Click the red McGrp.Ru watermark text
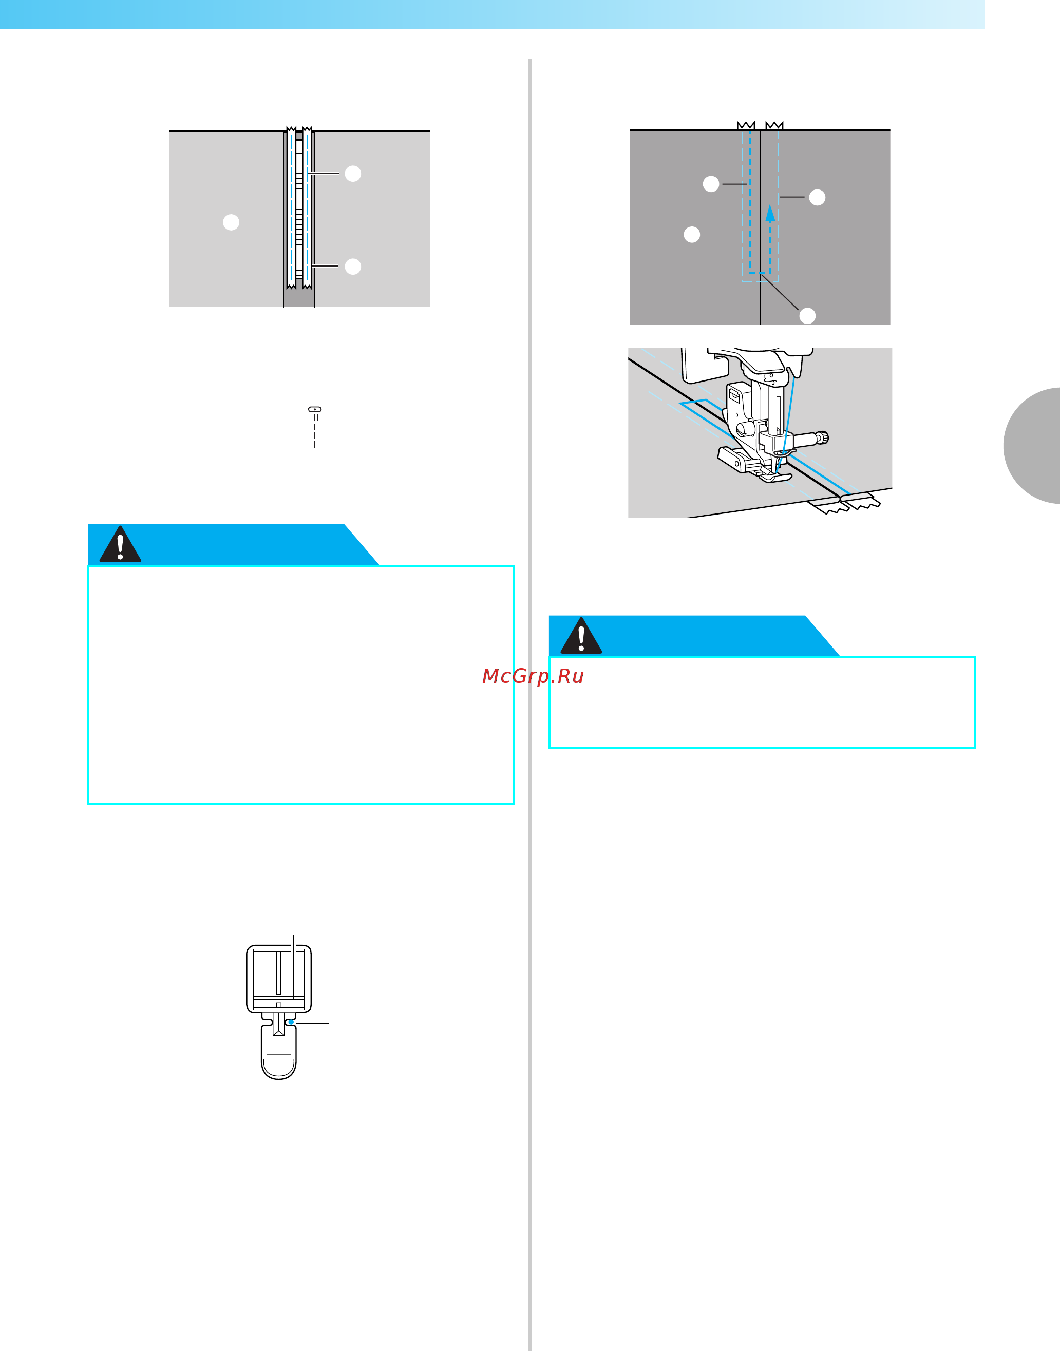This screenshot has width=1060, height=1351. click(x=533, y=676)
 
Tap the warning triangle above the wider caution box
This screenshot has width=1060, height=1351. click(x=120, y=544)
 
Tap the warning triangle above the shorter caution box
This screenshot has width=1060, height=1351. click(x=581, y=636)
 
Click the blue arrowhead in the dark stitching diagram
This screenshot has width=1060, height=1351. click(x=770, y=214)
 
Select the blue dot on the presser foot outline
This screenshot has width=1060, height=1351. click(x=291, y=1022)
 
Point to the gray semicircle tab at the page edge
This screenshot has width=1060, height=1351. click(x=1031, y=446)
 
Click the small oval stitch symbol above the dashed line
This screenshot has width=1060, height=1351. click(x=315, y=410)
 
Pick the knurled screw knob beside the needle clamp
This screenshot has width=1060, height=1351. click(x=822, y=438)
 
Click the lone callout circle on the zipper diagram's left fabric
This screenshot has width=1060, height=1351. click(x=231, y=222)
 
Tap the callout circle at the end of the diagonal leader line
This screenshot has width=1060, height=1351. click(x=807, y=316)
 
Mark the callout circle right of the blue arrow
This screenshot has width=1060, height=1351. click(x=818, y=197)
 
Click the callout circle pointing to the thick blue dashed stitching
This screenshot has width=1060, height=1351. click(x=711, y=184)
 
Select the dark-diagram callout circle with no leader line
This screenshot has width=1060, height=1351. click(x=692, y=235)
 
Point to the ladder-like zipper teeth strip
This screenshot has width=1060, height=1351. click(x=299, y=210)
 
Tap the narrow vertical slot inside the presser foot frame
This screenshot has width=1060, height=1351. click(x=279, y=973)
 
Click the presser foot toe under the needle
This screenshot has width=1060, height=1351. click(x=774, y=477)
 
